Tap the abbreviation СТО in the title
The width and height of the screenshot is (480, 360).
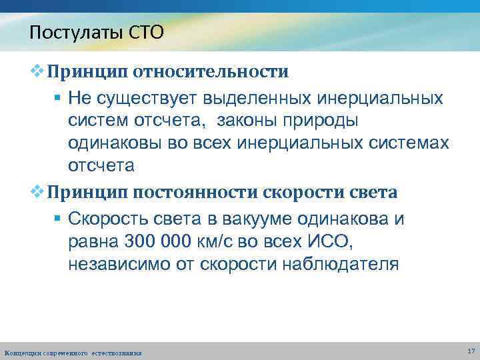point(148,32)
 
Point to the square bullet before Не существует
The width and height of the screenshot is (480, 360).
point(58,99)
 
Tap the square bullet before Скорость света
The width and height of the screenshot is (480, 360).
point(58,219)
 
